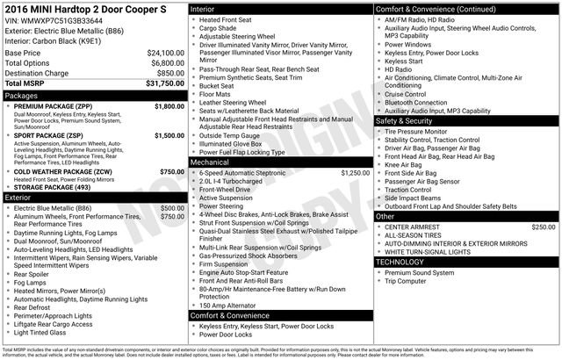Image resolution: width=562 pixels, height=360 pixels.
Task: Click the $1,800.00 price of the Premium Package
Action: (x=169, y=105)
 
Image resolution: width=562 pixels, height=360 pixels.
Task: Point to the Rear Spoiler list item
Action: (x=32, y=274)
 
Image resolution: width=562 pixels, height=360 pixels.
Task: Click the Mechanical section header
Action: (x=210, y=162)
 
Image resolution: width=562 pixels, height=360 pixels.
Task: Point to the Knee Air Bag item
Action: (x=403, y=164)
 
